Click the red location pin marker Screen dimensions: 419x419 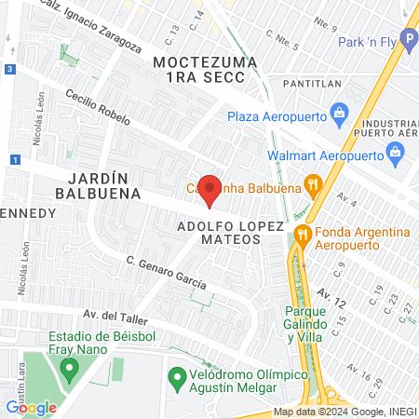210,190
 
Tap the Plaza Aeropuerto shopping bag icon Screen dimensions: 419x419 339,116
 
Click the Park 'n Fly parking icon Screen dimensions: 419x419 406,42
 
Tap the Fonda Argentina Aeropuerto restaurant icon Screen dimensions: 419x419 301,232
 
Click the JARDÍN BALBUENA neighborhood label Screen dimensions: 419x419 102,185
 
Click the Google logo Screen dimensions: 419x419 31,407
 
